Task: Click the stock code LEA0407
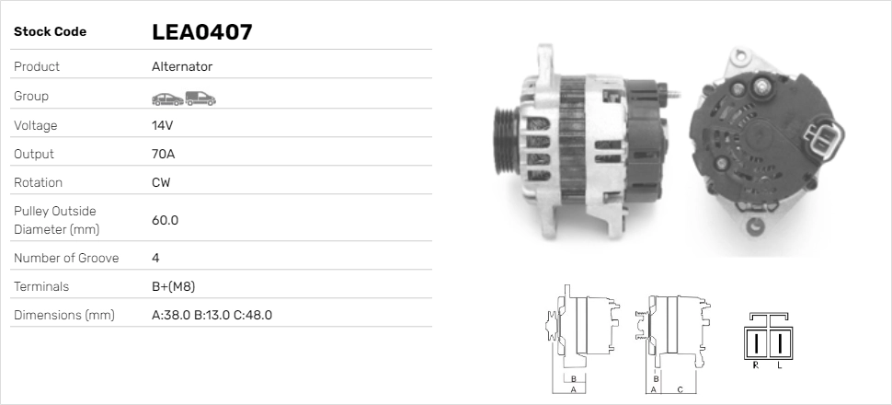point(201,32)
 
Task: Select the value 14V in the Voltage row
point(163,125)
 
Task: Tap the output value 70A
point(163,154)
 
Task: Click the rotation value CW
point(161,182)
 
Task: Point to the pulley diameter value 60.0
point(165,220)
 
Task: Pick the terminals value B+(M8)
point(173,286)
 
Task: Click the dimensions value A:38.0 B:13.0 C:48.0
point(212,315)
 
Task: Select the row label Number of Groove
point(66,258)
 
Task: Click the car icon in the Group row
point(166,98)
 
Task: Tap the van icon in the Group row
point(200,98)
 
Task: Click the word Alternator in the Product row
point(182,67)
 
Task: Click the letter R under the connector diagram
point(755,365)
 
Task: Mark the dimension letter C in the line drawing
point(679,389)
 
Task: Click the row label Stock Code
point(50,32)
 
